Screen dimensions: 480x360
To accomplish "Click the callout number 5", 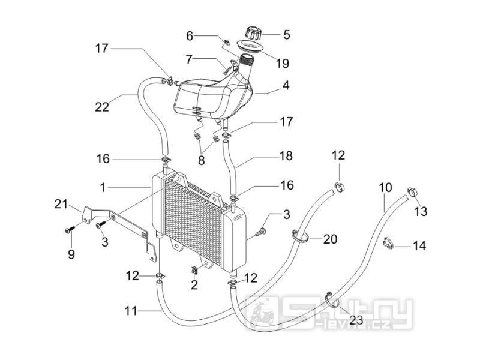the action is point(287,35).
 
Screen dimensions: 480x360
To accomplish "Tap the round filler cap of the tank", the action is point(253,33).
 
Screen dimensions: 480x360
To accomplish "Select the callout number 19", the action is point(282,64).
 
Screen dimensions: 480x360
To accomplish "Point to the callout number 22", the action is point(102,107).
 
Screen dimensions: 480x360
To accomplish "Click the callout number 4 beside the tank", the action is point(286,85).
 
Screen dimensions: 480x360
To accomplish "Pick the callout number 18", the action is point(286,156).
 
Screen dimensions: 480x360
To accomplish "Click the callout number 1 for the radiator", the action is point(103,188).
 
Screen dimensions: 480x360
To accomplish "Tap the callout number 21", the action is point(61,204).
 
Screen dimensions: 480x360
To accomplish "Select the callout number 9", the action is point(71,254).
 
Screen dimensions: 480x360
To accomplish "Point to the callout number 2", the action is point(194,285).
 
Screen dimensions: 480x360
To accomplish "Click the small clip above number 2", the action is point(194,270).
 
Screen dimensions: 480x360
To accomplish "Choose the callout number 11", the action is point(131,311).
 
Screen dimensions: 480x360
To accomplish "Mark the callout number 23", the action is point(356,320).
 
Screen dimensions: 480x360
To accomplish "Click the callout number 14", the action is point(419,245).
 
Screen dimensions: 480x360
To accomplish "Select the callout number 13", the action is point(421,211).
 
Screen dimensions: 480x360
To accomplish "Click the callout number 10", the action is point(385,188).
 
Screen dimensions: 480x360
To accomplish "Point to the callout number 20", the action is point(330,239).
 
